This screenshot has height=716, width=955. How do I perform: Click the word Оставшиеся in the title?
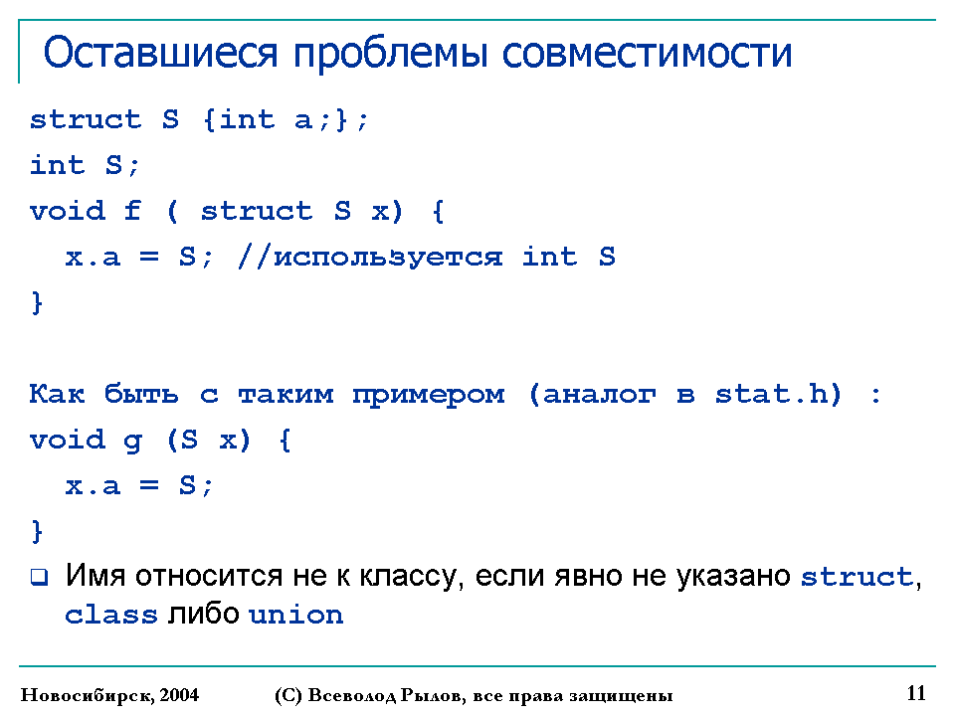161,53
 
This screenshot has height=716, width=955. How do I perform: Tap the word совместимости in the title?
647,53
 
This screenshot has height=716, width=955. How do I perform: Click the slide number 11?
916,693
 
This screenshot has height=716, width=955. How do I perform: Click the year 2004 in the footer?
179,695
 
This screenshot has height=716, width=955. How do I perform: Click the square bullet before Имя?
39,577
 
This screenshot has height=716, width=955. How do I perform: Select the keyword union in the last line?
296,615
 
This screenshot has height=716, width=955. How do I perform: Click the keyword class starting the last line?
110,615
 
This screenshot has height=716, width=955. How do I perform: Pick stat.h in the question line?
770,394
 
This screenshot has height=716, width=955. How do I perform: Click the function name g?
132,442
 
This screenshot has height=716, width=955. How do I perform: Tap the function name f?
132,211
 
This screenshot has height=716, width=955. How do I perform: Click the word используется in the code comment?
388,259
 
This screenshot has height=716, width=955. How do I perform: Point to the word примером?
429,396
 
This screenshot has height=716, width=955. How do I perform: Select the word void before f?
67,211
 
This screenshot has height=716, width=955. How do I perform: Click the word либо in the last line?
203,615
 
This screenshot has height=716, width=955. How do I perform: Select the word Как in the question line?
57,394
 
